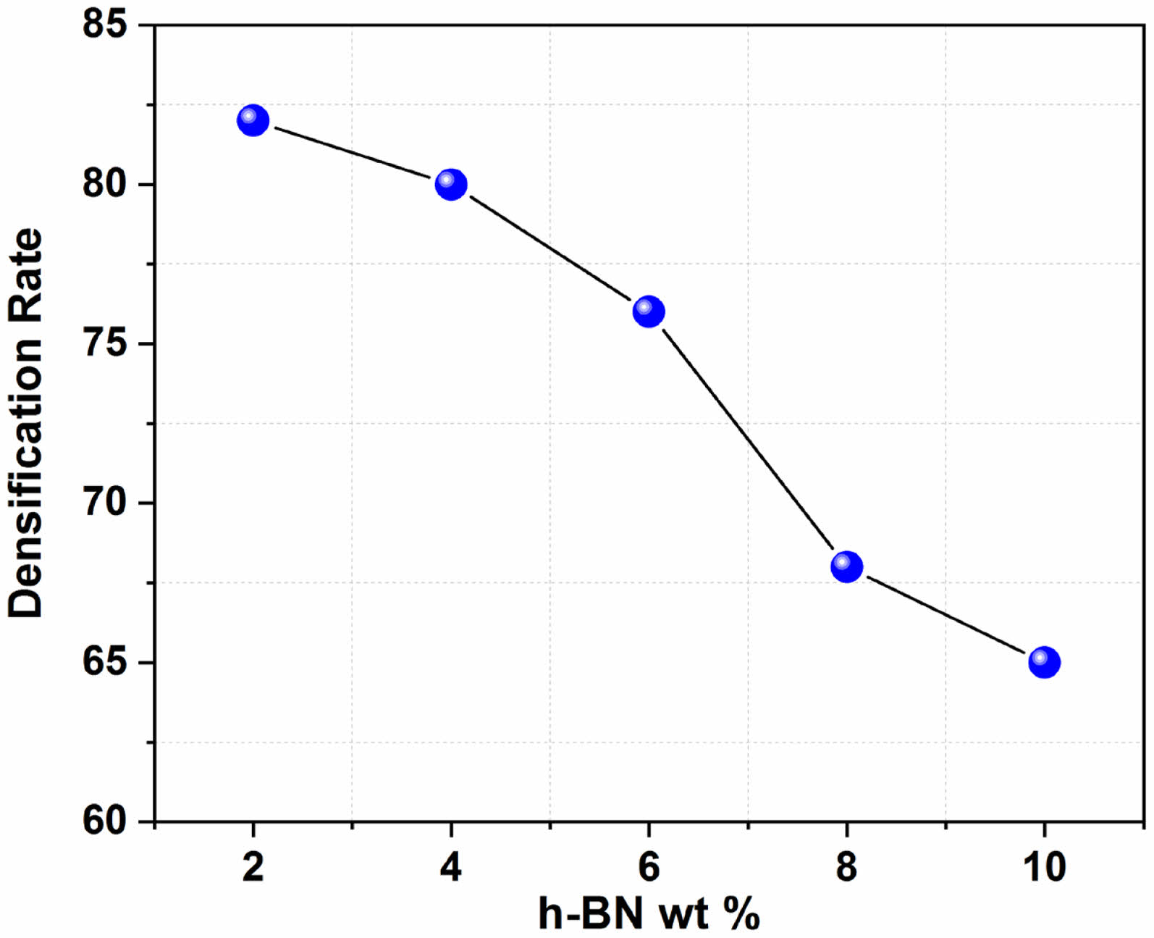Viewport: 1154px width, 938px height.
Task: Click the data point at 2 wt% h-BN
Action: click(253, 120)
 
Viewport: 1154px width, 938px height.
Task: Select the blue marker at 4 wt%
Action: click(451, 185)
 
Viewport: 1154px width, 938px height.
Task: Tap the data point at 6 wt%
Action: click(649, 311)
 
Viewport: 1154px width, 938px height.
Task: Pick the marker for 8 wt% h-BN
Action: click(846, 566)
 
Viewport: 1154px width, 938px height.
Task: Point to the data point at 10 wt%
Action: click(1044, 662)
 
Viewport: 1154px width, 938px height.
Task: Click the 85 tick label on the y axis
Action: click(104, 24)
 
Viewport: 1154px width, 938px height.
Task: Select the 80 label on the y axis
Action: click(104, 184)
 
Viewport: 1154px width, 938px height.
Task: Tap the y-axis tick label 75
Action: click(104, 344)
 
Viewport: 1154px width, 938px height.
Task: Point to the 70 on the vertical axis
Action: click(104, 503)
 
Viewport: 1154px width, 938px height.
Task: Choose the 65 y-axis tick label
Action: click(104, 662)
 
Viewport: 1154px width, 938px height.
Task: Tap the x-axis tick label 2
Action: click(253, 866)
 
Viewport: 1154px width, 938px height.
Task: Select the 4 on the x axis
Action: click(451, 866)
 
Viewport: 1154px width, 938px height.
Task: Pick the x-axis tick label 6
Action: click(649, 866)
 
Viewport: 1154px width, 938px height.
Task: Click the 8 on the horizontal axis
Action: click(846, 866)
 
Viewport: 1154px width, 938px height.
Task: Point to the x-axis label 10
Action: click(1044, 866)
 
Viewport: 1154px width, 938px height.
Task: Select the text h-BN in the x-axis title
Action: click(591, 914)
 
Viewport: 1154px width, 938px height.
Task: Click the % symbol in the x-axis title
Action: click(741, 914)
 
